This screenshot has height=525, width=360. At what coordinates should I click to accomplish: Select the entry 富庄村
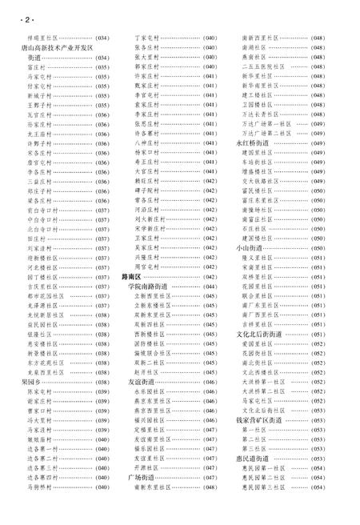click(38, 68)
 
